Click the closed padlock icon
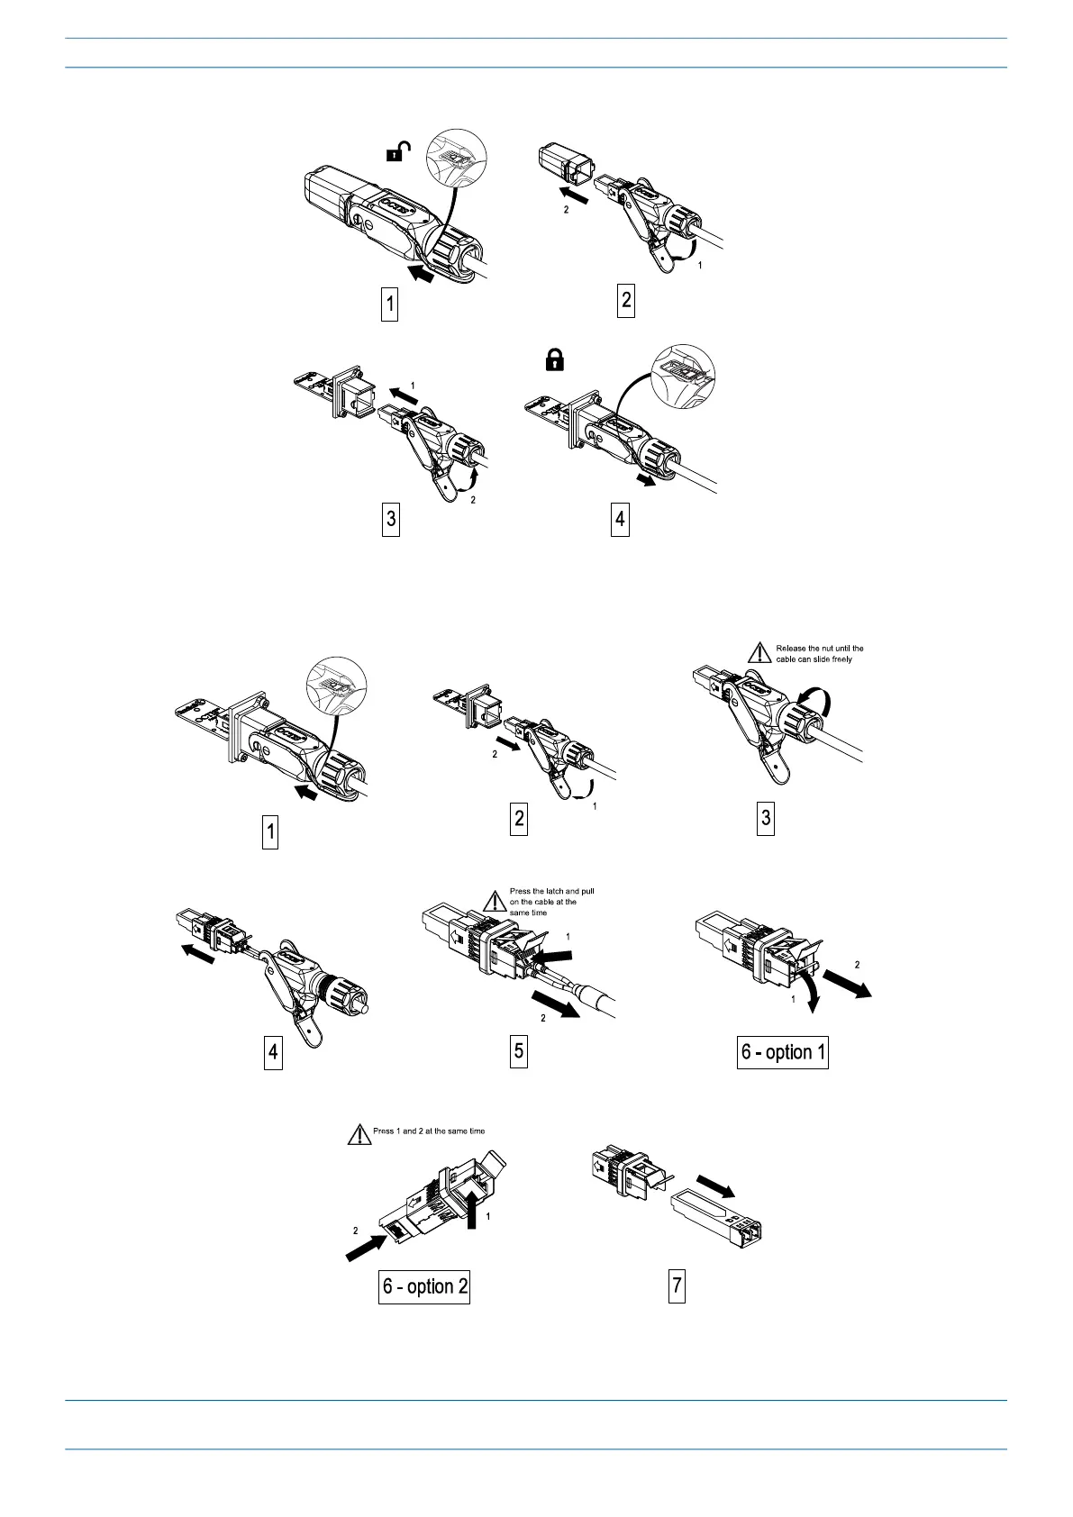554,360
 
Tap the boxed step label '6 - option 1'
783,1051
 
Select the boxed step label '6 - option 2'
425,1285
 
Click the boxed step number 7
677,1285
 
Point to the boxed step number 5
518,1051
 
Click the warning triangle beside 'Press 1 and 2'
359,1134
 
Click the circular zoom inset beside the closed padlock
682,374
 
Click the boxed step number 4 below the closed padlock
619,520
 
